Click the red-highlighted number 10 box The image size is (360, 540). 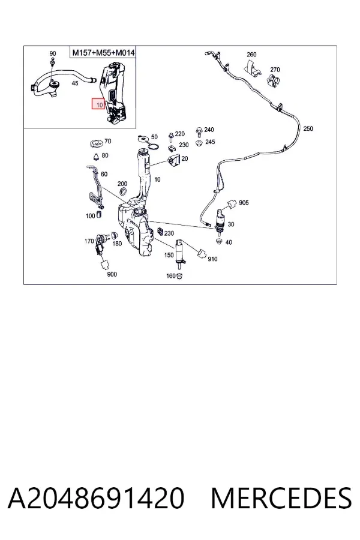click(x=98, y=104)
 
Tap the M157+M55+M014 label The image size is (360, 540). click(x=103, y=53)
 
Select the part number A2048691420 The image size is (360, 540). click(x=96, y=498)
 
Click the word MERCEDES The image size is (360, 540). click(x=281, y=498)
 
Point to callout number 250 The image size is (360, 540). click(x=308, y=128)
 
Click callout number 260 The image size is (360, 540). click(x=251, y=55)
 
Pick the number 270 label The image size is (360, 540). click(x=275, y=70)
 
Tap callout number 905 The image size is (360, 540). click(x=244, y=203)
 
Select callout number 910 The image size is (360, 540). click(x=212, y=259)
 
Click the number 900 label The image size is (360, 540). click(x=112, y=274)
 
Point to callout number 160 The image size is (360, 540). click(x=171, y=276)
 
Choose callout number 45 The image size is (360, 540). click(x=75, y=83)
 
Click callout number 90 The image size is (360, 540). click(x=53, y=53)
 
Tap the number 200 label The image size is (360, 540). click(x=122, y=184)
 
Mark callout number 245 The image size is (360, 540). click(x=210, y=142)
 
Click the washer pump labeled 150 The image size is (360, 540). click(x=180, y=255)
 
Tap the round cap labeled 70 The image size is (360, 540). click(x=96, y=142)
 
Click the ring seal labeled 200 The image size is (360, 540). click(x=122, y=191)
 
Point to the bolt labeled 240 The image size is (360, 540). click(x=199, y=130)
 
